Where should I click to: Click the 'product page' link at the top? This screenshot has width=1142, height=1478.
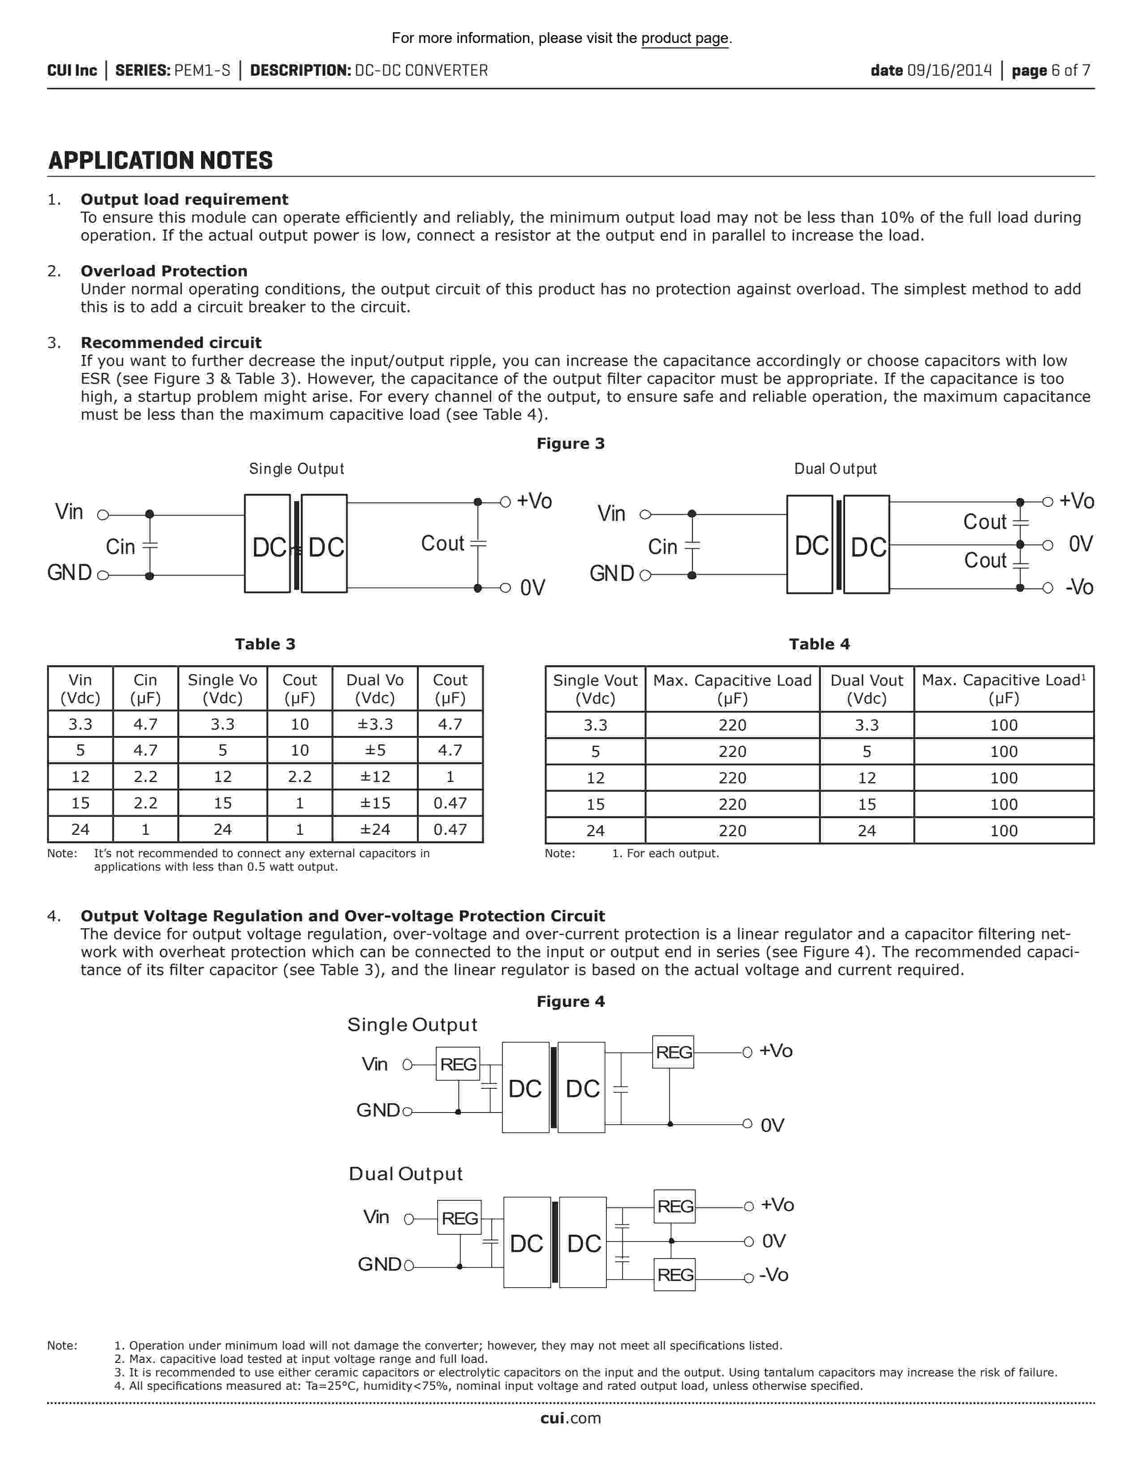685,39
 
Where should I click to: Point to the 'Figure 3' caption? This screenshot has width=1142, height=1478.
570,444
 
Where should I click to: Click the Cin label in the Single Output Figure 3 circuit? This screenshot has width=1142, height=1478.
120,547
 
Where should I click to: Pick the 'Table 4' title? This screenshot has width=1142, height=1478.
819,644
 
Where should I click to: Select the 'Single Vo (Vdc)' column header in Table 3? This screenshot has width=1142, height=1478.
223,689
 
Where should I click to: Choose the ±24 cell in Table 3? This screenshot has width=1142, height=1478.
375,829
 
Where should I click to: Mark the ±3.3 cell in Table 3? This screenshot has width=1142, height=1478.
375,724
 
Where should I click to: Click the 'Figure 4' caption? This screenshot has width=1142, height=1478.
570,1001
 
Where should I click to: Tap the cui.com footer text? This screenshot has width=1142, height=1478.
570,1418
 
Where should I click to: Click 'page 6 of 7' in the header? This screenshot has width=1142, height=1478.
1051,70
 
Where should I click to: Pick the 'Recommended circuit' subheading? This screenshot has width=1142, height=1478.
171,343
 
